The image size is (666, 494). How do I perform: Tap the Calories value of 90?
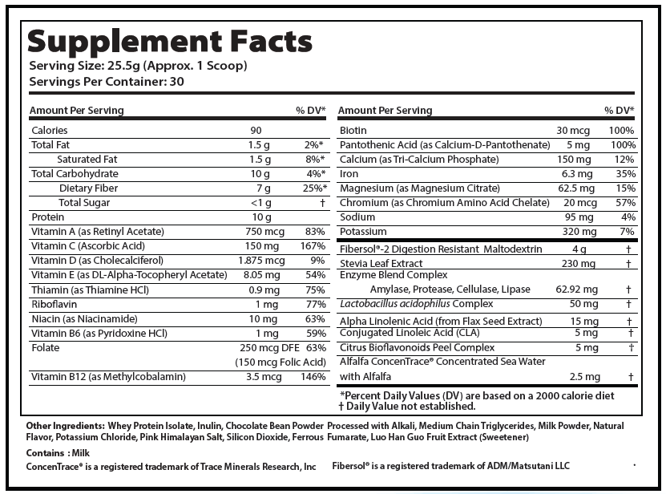click(x=256, y=130)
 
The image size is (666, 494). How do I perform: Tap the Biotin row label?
click(x=353, y=130)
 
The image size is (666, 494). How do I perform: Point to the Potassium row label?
click(x=361, y=232)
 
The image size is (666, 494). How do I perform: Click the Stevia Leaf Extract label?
click(x=381, y=263)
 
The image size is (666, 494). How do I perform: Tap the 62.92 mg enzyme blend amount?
click(x=575, y=290)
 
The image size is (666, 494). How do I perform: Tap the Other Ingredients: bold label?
click(x=66, y=425)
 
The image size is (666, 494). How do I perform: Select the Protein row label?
click(x=48, y=217)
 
